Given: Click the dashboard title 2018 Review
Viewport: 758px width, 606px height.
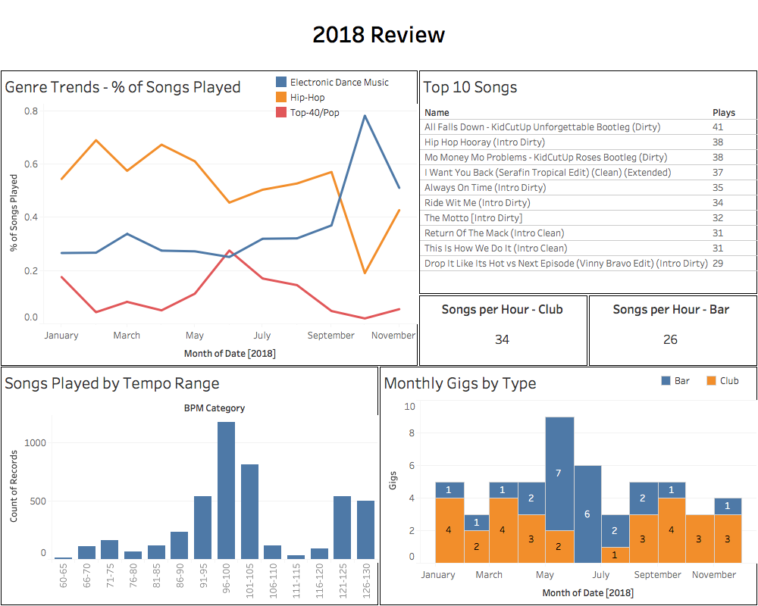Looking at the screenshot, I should [x=378, y=36].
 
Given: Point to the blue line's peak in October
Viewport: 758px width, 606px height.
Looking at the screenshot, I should [x=365, y=116].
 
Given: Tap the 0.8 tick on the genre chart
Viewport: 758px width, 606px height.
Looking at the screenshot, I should [x=31, y=111].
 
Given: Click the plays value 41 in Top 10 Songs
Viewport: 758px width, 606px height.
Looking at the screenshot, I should [x=717, y=127].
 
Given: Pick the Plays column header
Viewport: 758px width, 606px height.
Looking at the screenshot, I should [x=723, y=113].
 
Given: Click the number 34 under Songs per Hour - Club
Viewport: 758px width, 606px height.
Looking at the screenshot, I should [x=502, y=340].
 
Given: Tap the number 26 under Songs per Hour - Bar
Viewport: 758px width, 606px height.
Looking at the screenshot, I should [x=670, y=340].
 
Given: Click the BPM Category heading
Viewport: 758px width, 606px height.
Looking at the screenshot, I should [x=213, y=408].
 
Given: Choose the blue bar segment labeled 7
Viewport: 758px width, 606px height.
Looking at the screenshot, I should [x=559, y=472].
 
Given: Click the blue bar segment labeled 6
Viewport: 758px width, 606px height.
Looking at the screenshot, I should [x=587, y=513].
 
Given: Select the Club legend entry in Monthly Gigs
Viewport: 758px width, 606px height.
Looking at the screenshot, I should [x=724, y=381].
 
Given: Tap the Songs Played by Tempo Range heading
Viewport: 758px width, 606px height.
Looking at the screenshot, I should [x=112, y=383].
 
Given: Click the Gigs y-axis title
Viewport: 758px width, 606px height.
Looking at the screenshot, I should [x=392, y=483].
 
